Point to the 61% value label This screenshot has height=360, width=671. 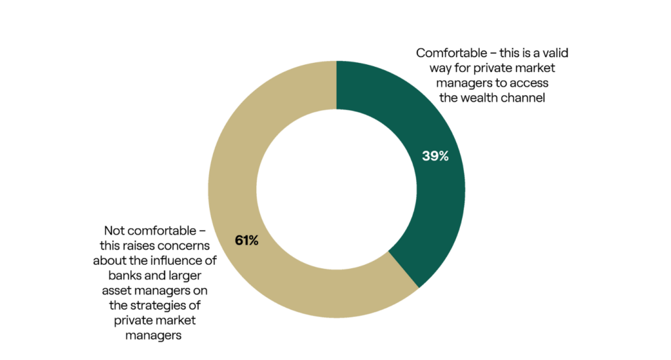tap(246, 240)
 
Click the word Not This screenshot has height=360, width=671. tap(115, 231)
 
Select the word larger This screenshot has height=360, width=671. tap(189, 276)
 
